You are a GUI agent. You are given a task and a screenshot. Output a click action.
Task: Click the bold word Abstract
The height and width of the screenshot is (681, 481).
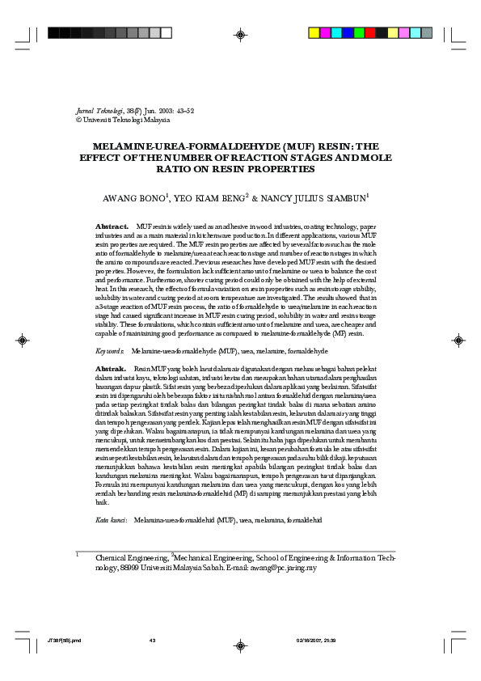tap(112, 226)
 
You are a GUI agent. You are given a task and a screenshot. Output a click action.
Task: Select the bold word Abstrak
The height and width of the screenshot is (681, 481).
tap(111, 368)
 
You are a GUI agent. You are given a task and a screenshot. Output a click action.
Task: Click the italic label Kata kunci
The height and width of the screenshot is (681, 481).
tap(112, 519)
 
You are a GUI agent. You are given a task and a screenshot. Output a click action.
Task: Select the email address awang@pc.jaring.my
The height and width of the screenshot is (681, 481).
tap(282, 568)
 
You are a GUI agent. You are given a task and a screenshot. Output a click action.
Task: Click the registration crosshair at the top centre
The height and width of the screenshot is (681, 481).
tap(240, 34)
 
